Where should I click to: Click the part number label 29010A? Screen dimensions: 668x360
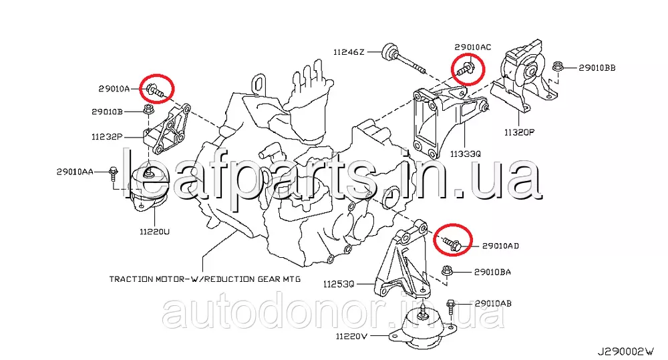coord(114,89)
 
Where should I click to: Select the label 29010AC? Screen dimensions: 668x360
coord(472,47)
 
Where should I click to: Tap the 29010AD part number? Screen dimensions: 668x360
coord(500,246)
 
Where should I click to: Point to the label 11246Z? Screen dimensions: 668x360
coord(349,52)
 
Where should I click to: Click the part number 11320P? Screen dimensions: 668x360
coord(519,132)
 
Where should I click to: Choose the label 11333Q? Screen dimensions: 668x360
coord(465,154)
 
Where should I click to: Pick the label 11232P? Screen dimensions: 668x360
coord(107,137)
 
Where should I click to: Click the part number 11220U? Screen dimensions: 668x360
coord(154,232)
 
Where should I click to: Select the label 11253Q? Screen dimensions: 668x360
coord(338,284)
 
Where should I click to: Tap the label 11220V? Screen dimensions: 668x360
coord(351,336)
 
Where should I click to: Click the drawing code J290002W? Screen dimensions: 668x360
coord(625,352)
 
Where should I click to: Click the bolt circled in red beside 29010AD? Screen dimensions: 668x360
coord(450,244)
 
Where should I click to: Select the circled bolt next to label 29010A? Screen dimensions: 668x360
coord(156,91)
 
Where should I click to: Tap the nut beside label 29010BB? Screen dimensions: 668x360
coord(558,67)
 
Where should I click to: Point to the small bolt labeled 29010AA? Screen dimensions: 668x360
coord(113,172)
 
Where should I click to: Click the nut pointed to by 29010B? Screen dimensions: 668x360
coord(148,109)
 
